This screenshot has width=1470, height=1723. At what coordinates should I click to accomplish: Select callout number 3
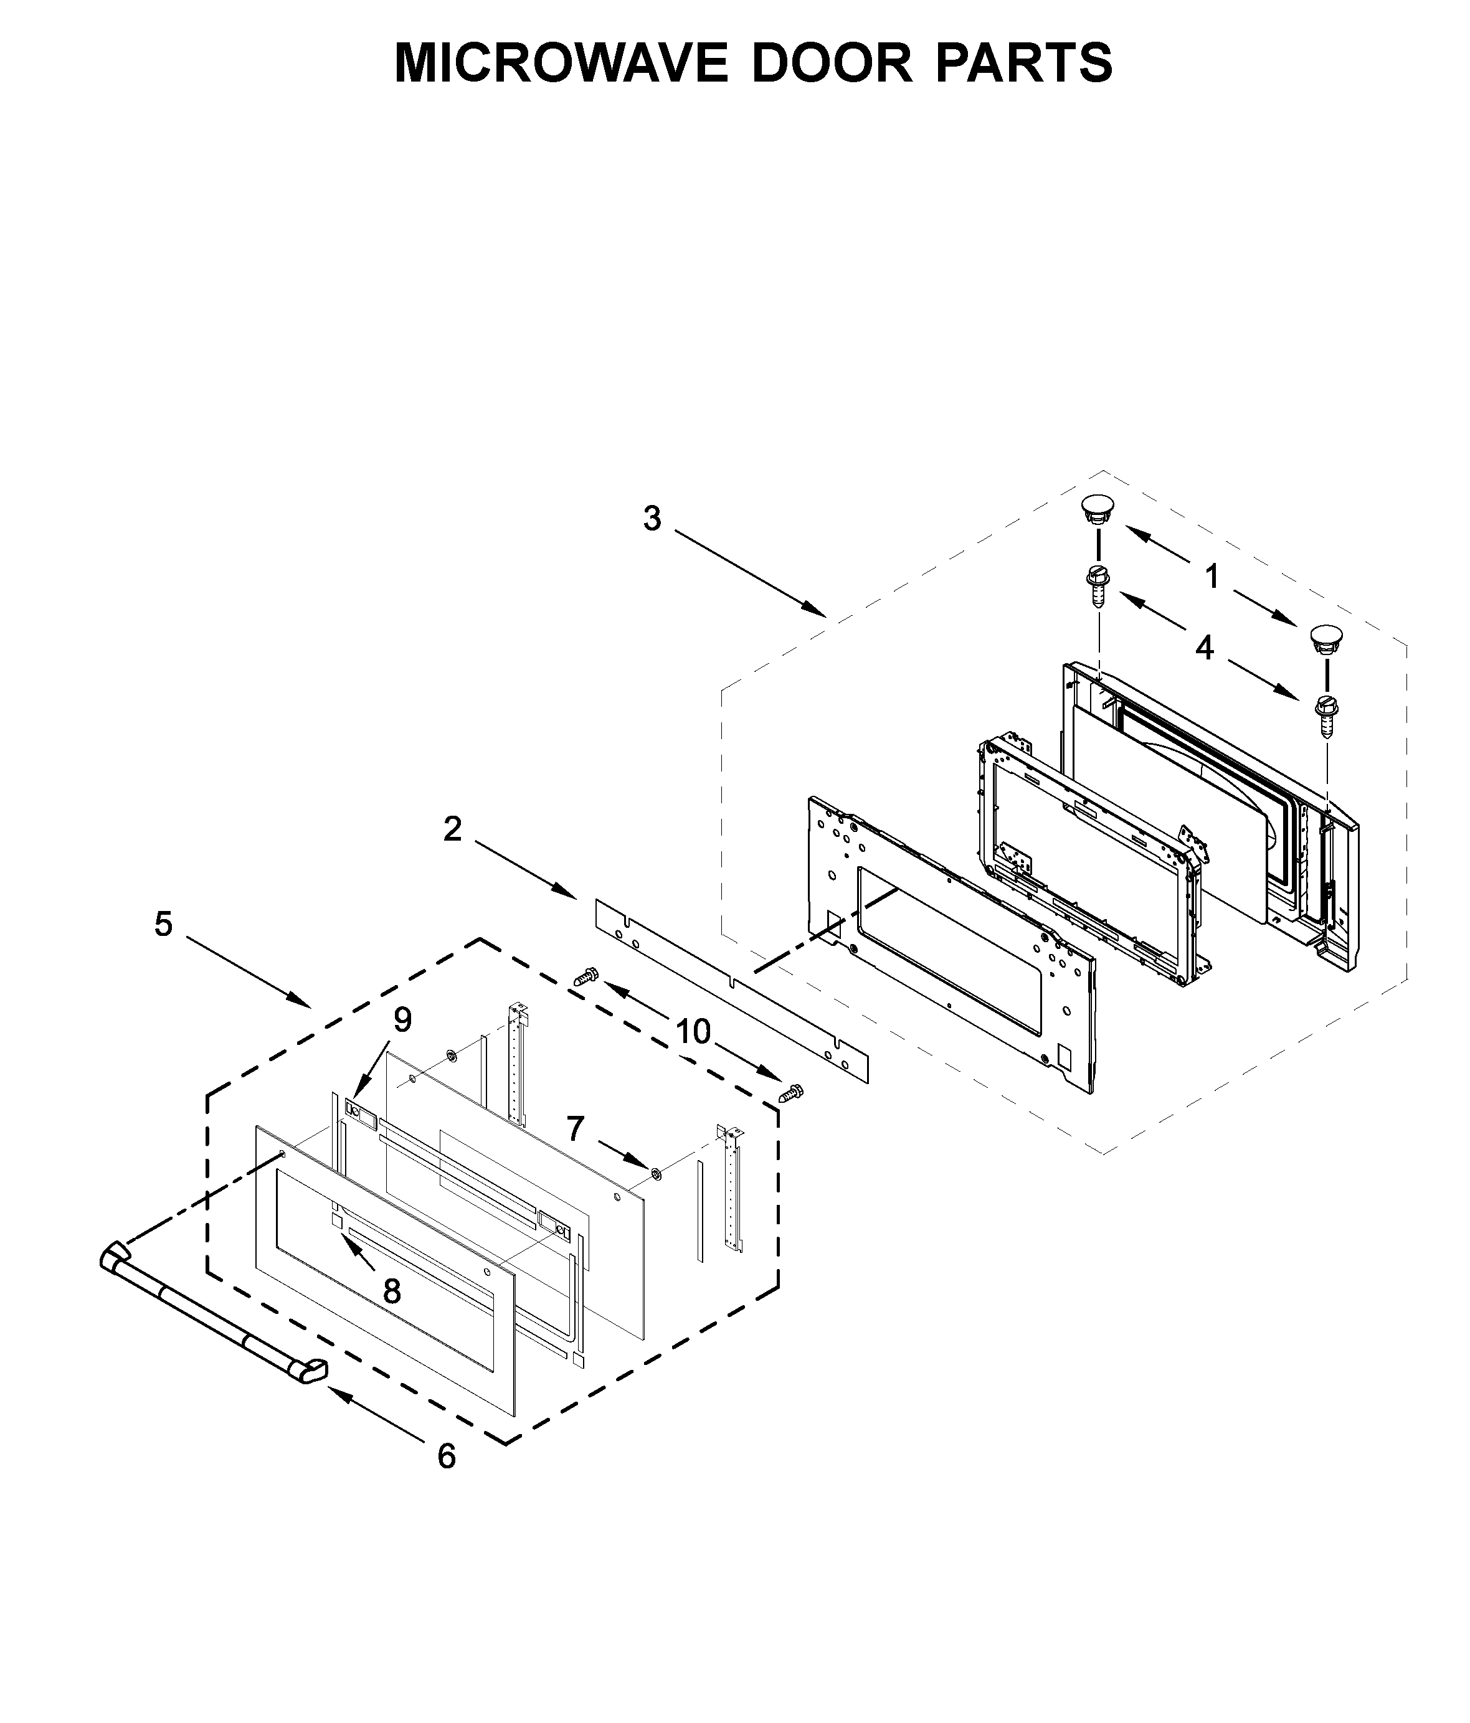click(652, 519)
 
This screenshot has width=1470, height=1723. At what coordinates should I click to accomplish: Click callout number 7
click(576, 1130)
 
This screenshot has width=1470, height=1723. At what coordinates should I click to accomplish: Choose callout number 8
click(392, 1291)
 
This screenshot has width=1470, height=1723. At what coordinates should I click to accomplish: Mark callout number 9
click(402, 1019)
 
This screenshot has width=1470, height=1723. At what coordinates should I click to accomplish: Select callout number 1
click(1212, 576)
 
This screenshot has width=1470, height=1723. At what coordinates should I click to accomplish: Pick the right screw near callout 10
click(790, 1093)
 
